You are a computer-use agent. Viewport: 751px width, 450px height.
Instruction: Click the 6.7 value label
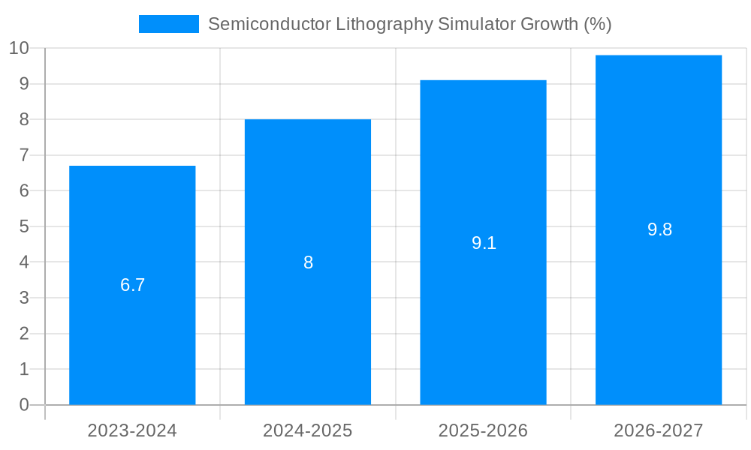point(132,285)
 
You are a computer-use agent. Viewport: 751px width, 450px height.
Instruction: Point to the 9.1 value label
point(484,243)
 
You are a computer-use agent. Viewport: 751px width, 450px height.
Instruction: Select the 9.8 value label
point(659,229)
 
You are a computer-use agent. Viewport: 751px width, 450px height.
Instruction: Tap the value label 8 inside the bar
point(308,262)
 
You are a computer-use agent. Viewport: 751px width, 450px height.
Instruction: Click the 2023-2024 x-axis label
point(132,430)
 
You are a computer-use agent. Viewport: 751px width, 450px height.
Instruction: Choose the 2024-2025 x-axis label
point(308,430)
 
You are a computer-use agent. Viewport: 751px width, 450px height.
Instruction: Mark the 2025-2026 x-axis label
point(483,430)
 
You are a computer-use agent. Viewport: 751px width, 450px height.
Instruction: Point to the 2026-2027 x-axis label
point(659,430)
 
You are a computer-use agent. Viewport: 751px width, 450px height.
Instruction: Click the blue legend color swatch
point(169,24)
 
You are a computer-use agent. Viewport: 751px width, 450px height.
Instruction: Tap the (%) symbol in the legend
point(598,24)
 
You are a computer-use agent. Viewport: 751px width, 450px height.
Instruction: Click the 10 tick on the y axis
point(19,48)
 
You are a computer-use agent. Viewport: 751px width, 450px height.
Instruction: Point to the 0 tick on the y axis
point(24,405)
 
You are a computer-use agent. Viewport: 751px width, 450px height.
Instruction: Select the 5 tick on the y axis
point(24,226)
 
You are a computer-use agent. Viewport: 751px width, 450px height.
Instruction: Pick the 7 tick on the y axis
point(24,155)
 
